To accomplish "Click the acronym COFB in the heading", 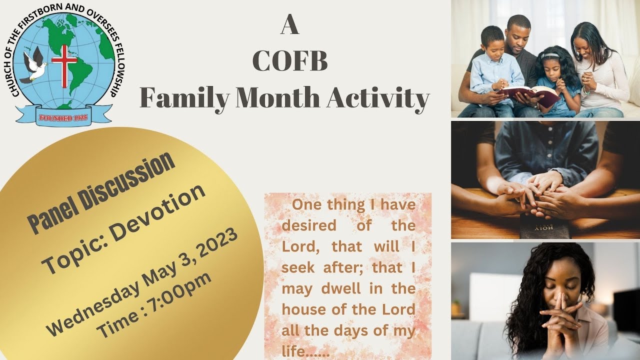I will [x=290, y=62].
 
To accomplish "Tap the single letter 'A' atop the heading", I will [x=289, y=26].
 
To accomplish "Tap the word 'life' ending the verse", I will [x=293, y=351].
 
